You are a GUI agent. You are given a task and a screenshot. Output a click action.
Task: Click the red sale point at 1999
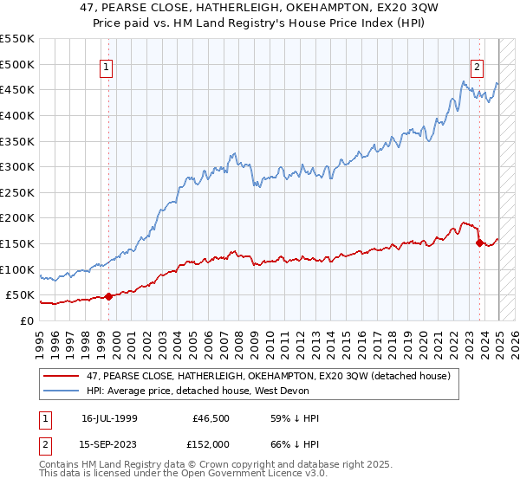(108, 296)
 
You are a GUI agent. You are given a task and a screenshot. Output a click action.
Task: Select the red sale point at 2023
(479, 243)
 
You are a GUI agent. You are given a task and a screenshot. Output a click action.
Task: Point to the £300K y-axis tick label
(17, 166)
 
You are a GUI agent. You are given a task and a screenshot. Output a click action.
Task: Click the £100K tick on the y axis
(17, 269)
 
